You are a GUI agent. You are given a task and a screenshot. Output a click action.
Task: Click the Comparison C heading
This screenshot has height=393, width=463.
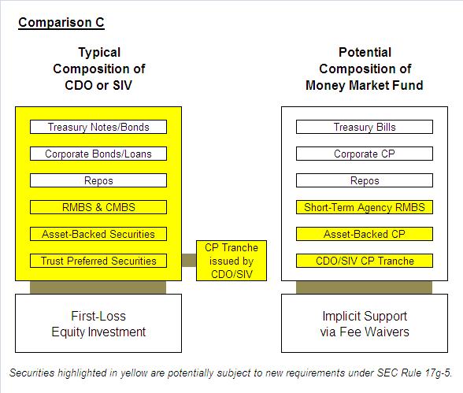(61, 23)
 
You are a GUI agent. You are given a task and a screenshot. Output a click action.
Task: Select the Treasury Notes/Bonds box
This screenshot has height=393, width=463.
(98, 127)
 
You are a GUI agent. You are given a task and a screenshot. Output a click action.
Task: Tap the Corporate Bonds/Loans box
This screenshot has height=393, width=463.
(98, 154)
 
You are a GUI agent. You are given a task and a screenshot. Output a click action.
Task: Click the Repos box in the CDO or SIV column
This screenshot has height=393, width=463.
(98, 180)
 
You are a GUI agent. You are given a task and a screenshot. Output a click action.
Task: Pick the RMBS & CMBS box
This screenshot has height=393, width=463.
(98, 207)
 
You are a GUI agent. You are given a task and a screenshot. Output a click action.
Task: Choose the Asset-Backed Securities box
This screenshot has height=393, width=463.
(98, 234)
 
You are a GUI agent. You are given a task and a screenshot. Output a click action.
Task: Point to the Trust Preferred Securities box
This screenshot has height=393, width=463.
(98, 261)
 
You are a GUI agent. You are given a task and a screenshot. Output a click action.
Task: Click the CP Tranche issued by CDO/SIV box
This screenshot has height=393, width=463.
(231, 261)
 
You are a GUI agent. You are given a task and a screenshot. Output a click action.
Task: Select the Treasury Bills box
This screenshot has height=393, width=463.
(365, 127)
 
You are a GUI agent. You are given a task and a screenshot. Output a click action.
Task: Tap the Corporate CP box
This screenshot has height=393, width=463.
(365, 154)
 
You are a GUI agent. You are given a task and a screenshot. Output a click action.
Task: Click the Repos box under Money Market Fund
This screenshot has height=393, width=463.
(365, 180)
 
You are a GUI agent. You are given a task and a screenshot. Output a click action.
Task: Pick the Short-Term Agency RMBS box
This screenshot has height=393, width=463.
(365, 207)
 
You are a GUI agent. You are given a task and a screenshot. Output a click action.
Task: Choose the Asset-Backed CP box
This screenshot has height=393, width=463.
(365, 234)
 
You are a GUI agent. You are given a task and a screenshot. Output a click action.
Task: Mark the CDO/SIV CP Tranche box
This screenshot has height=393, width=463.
(365, 261)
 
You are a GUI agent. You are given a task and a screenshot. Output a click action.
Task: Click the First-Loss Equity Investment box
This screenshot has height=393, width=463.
(98, 324)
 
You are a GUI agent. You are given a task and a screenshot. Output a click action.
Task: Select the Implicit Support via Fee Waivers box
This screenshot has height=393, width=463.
(365, 324)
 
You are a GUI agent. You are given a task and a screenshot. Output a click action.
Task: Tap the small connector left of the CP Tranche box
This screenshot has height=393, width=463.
(189, 261)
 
